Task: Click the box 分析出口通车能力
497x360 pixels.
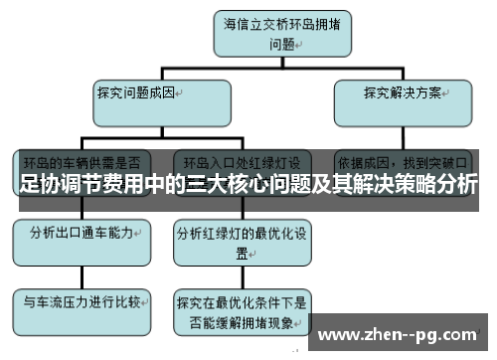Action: [81, 237]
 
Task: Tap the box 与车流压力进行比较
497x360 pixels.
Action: [80, 300]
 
